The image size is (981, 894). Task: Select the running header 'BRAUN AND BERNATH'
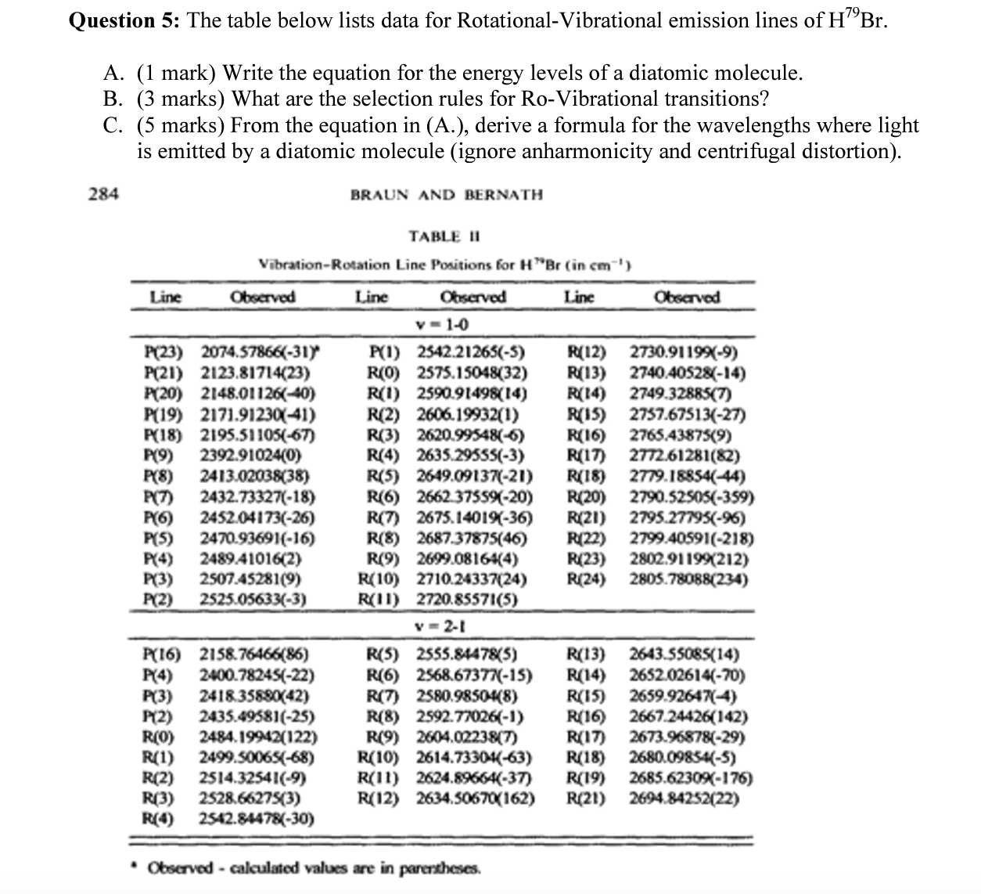coord(446,194)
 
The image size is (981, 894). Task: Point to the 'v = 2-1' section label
coord(442,626)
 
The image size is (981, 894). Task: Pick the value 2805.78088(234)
coord(688,580)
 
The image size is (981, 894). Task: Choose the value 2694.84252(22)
coord(685,798)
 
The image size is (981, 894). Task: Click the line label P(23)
coord(166,352)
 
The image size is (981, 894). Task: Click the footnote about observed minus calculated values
coord(313,867)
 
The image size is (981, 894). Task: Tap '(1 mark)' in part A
coord(178,74)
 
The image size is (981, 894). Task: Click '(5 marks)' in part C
coord(181,125)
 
